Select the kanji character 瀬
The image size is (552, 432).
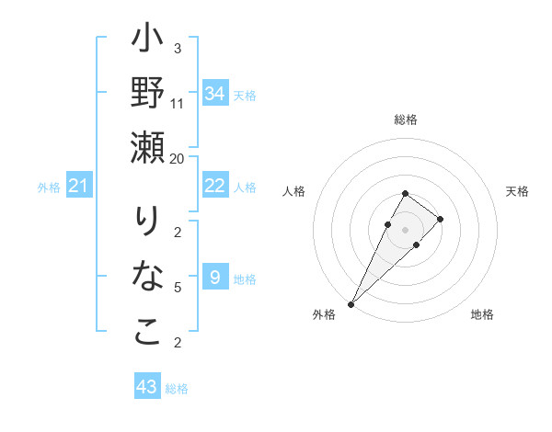147,146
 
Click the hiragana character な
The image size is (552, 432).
147,277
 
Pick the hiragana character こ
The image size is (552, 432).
147,332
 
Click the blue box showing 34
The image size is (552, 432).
215,93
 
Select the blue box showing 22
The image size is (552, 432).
215,186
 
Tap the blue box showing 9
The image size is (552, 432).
215,278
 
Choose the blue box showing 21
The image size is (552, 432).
79,187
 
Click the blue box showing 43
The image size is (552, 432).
147,387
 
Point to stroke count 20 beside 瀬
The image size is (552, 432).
178,158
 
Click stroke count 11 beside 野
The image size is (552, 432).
178,103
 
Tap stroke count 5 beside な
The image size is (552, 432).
178,288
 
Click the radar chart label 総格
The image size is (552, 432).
406,119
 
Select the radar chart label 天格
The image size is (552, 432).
517,191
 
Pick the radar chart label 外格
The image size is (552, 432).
324,314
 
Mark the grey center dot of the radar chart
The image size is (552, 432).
406,229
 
